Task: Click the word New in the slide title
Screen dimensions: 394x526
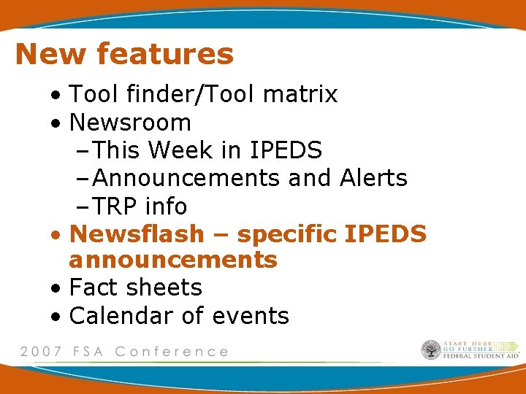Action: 50,54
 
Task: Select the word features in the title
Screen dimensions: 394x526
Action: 164,54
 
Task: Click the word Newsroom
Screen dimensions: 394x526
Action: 130,123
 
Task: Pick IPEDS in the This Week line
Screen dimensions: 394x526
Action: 286,150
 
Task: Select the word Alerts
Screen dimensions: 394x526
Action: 373,178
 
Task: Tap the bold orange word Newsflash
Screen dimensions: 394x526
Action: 137,234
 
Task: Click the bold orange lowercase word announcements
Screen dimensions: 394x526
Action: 173,260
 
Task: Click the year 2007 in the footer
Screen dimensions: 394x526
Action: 42,352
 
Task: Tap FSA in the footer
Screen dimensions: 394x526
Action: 90,352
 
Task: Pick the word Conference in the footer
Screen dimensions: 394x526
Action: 172,352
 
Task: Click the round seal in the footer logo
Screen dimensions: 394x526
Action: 431,350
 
